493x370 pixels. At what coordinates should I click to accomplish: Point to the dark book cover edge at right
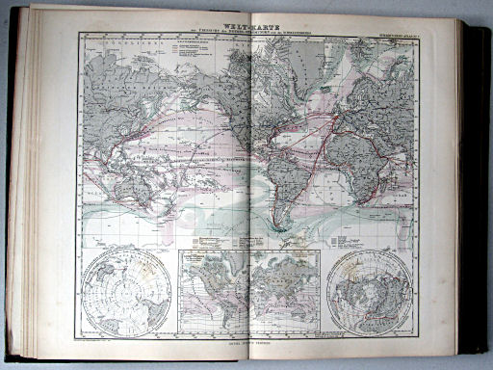[x=477, y=193]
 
